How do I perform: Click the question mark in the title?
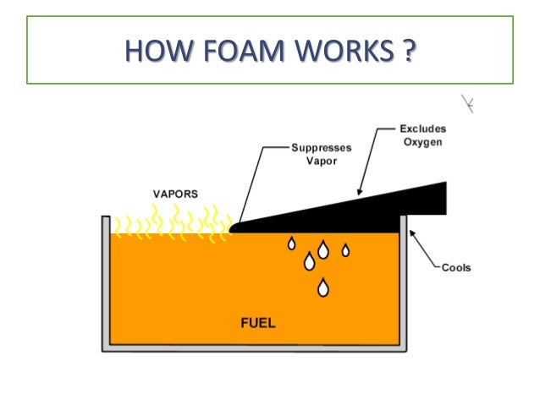pyautogui.click(x=409, y=50)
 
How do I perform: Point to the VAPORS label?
pyautogui.click(x=175, y=194)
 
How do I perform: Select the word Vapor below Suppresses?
pyautogui.click(x=320, y=161)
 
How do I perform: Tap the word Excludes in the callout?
pyautogui.click(x=422, y=130)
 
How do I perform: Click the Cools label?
pyautogui.click(x=456, y=268)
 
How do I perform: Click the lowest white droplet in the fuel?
pyautogui.click(x=322, y=289)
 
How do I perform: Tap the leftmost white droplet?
pyautogui.click(x=291, y=244)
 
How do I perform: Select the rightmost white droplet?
pyautogui.click(x=345, y=249)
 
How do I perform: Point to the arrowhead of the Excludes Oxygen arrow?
pyautogui.click(x=359, y=193)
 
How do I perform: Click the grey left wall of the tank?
pyautogui.click(x=106, y=279)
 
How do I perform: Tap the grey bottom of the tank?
pyautogui.click(x=254, y=348)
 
